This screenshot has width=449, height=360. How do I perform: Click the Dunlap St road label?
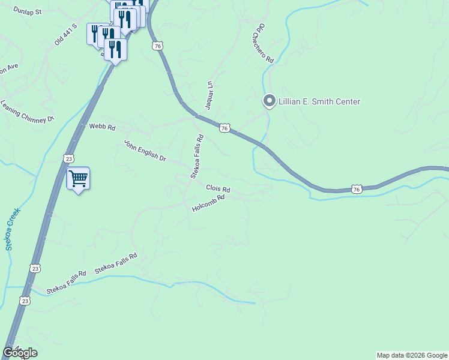pyautogui.click(x=28, y=11)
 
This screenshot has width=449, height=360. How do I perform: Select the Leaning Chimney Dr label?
pyautogui.click(x=28, y=112)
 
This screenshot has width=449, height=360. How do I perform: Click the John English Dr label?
pyautogui.click(x=145, y=150)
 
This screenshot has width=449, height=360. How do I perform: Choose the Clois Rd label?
pyautogui.click(x=218, y=188)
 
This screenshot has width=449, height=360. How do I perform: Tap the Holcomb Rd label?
pyautogui.click(x=208, y=203)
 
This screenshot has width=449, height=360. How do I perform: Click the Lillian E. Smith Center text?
pyautogui.click(x=319, y=102)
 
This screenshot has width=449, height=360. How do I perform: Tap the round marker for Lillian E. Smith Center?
pyautogui.click(x=270, y=101)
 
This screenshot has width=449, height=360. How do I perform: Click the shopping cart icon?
pyautogui.click(x=78, y=178)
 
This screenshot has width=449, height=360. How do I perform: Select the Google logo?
pyautogui.click(x=20, y=353)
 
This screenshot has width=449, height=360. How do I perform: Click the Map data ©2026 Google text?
pyautogui.click(x=412, y=355)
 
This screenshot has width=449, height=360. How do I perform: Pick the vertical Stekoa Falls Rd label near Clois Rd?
pyautogui.click(x=197, y=157)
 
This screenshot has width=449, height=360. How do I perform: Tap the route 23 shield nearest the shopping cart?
pyautogui.click(x=68, y=158)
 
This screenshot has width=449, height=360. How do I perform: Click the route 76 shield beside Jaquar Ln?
pyautogui.click(x=224, y=128)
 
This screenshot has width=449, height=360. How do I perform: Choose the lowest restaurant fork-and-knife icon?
pyautogui.click(x=115, y=49)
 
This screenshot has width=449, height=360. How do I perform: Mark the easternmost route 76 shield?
pyautogui.click(x=357, y=189)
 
